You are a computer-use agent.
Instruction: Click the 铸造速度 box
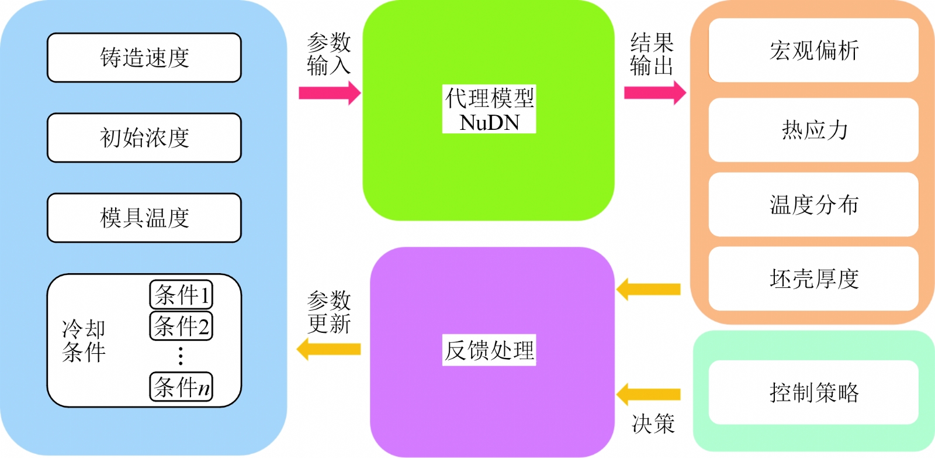[144, 58]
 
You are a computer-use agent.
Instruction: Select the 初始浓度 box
[144, 137]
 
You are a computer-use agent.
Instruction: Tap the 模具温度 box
[144, 218]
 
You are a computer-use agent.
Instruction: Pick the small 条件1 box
[181, 295]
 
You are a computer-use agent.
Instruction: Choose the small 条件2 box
[181, 326]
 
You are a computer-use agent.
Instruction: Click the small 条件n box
[181, 387]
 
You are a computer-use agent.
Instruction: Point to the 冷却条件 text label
[84, 341]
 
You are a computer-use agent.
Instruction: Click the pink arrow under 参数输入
[330, 93]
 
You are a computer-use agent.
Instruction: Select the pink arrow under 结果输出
[655, 93]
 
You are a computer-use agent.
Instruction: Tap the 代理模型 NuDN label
[489, 109]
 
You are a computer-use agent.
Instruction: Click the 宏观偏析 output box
[813, 50]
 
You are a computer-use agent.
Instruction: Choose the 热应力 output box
[813, 130]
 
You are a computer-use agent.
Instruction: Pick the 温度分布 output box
[813, 204]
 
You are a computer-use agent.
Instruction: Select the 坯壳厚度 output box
[813, 279]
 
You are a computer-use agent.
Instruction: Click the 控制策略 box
[813, 392]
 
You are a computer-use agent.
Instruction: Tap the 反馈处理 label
[489, 350]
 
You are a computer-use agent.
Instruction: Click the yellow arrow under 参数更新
[328, 349]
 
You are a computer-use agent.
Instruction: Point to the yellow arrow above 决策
[648, 394]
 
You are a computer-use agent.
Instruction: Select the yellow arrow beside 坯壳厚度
[648, 289]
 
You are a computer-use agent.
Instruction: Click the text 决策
[653, 423]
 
